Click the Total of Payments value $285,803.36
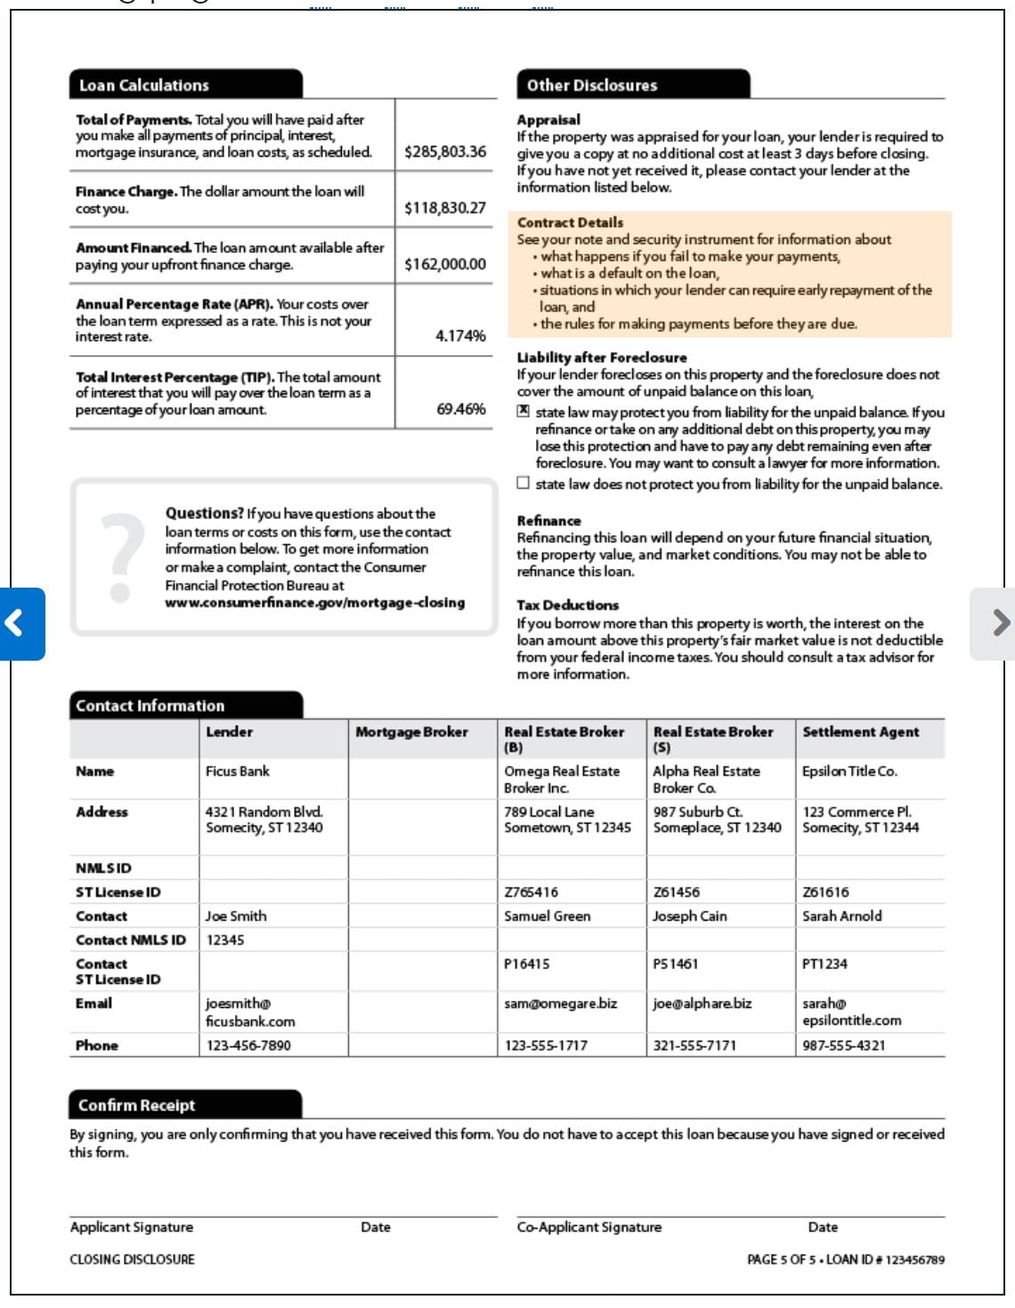445,151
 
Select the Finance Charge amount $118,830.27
445,207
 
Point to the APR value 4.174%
460,336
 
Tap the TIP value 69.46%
461,409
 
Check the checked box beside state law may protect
524,411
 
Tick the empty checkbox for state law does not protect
524,483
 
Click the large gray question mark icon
122,557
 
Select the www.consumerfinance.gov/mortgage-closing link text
315,603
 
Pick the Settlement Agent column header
860,732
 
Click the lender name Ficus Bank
237,771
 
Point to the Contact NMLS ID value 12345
225,939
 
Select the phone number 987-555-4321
843,1045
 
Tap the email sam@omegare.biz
560,1003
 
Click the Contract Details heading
570,223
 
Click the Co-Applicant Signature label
589,1227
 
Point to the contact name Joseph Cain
689,915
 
